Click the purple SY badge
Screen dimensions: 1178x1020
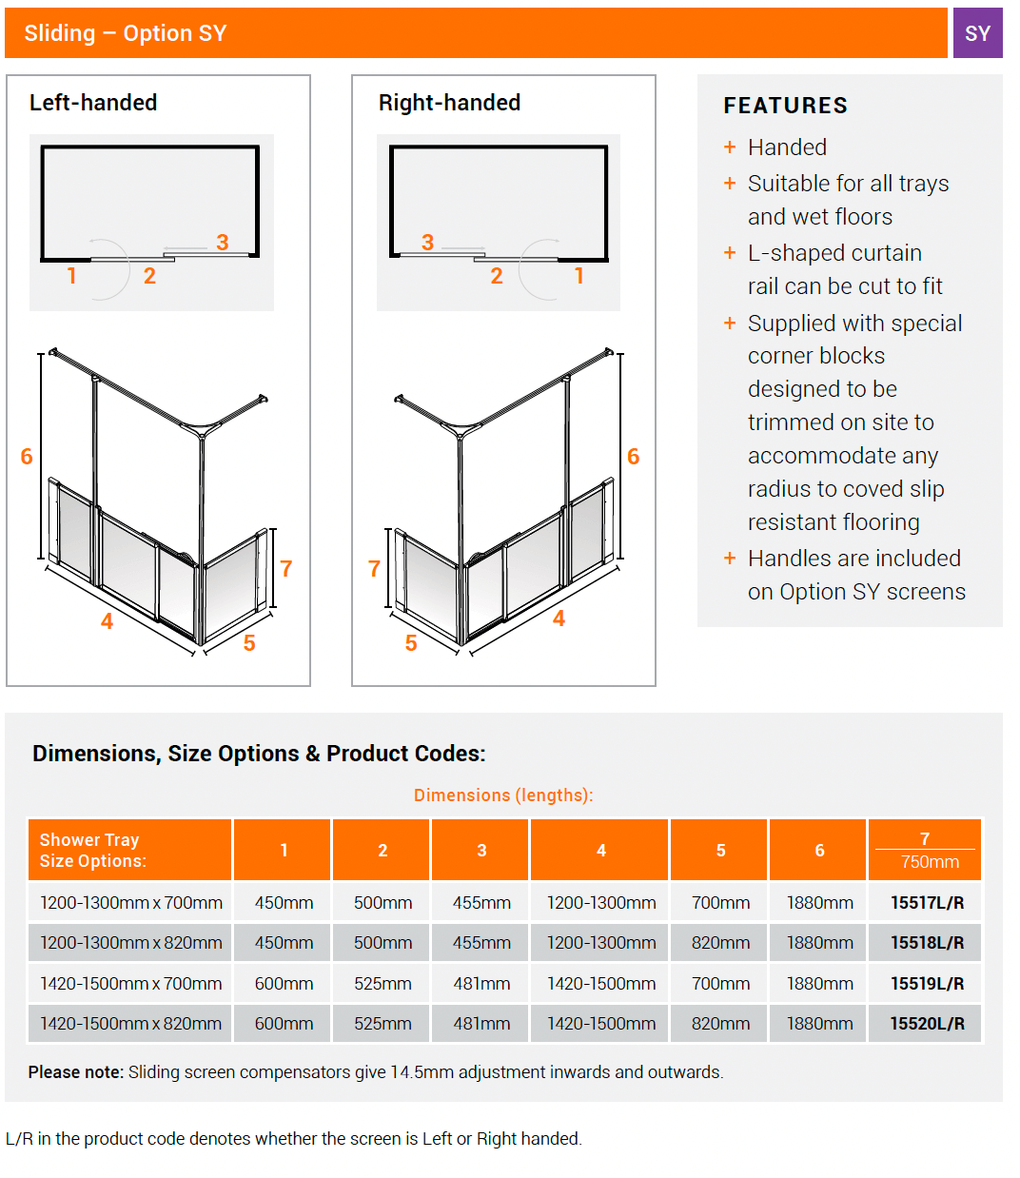(977, 33)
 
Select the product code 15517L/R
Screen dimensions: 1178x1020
(927, 902)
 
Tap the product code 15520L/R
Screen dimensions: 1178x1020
(927, 1024)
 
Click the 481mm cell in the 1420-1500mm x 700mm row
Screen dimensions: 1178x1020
(481, 984)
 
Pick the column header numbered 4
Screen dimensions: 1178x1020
(600, 851)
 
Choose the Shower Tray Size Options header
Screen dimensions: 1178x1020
(92, 851)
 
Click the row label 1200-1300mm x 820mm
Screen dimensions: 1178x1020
(131, 943)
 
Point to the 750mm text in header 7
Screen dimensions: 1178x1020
(930, 862)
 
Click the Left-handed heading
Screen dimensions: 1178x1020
(93, 103)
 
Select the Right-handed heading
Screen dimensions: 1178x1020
(449, 103)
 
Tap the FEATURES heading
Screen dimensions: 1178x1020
(785, 106)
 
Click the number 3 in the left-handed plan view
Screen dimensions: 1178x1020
(223, 243)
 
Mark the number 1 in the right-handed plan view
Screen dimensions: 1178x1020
(579, 276)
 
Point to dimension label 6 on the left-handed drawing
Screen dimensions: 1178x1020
(27, 457)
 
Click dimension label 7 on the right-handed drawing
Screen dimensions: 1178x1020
(374, 569)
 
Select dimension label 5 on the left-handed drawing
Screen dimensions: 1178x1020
(249, 643)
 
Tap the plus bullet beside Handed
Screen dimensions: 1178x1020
(730, 147)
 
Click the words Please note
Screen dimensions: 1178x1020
(75, 1072)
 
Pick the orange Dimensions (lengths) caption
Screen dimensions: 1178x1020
(503, 795)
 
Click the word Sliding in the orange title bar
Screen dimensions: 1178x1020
(59, 33)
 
